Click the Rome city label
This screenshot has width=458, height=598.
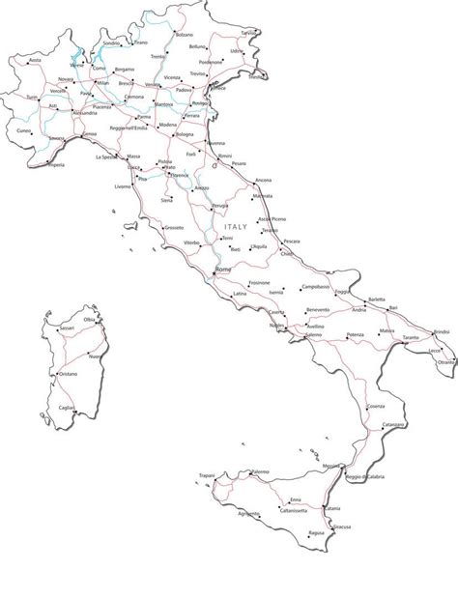tap(223, 269)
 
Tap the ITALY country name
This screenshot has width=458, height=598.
tap(236, 227)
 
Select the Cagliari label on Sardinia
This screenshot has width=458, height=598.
tap(67, 408)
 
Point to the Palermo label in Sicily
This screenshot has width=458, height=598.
tap(260, 472)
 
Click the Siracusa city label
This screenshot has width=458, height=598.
tap(341, 527)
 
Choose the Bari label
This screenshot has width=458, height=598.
tap(393, 307)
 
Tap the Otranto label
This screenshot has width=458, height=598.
tap(445, 361)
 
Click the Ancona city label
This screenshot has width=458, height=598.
tap(263, 181)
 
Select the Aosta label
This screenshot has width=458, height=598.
tap(35, 60)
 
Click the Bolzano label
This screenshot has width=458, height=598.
tap(185, 35)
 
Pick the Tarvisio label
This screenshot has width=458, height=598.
tap(249, 33)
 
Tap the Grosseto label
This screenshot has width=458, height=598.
tap(174, 228)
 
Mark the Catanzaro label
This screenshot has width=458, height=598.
tap(393, 425)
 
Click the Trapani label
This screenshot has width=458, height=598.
tap(206, 475)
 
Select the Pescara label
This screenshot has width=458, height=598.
tap(292, 241)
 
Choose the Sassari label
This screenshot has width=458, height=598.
tap(67, 328)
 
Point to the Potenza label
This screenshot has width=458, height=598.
tap(356, 334)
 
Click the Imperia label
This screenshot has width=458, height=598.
tap(57, 165)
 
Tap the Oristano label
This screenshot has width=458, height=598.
tap(68, 374)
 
